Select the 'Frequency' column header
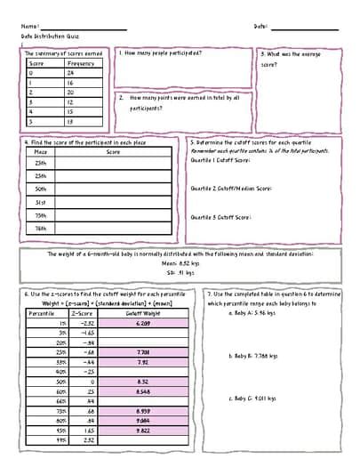[x=80, y=64]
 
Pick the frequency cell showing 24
[x=71, y=73]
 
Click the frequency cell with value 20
[x=71, y=92]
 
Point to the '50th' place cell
[x=40, y=189]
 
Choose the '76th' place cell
[x=40, y=228]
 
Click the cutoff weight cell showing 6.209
[x=143, y=323]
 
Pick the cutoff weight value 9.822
[x=143, y=430]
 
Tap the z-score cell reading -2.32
[x=88, y=323]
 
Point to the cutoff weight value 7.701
[x=143, y=352]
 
